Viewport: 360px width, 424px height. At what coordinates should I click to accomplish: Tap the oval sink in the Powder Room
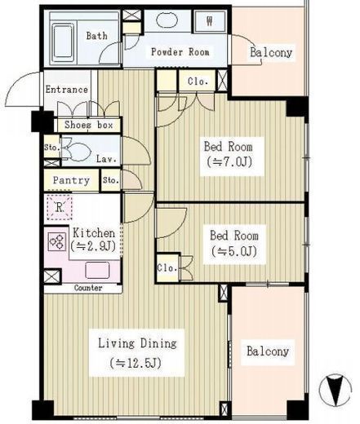pos(167,20)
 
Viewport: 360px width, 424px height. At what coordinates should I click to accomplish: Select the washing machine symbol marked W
pos(209,21)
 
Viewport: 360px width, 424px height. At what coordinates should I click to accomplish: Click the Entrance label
pos(67,90)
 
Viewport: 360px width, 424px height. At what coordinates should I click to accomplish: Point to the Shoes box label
pos(89,125)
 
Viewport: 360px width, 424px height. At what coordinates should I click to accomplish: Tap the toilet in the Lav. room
pos(77,151)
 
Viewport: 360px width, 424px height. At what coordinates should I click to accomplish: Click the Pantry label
pos(71,180)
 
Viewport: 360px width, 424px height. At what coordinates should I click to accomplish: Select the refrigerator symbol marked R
pos(60,207)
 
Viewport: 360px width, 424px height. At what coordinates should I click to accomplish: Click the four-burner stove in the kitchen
pos(57,242)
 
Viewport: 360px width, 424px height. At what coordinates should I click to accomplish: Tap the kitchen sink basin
pos(97,270)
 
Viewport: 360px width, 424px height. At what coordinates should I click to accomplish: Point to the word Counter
pos(88,288)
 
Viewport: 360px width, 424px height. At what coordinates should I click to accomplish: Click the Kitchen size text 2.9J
pos(93,246)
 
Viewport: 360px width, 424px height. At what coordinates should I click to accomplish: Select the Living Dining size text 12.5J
pos(136,363)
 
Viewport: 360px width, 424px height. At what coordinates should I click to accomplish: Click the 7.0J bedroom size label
pos(229,162)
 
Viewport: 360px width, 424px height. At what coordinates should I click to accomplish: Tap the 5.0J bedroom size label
pos(234,251)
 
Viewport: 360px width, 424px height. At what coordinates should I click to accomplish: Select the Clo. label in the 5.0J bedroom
pos(167,268)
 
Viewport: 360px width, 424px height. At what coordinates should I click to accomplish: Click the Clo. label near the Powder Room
pos(198,81)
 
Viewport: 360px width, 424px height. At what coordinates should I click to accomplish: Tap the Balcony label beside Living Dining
pos(268,351)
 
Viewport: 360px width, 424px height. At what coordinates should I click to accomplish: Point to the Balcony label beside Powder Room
pos(271,52)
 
